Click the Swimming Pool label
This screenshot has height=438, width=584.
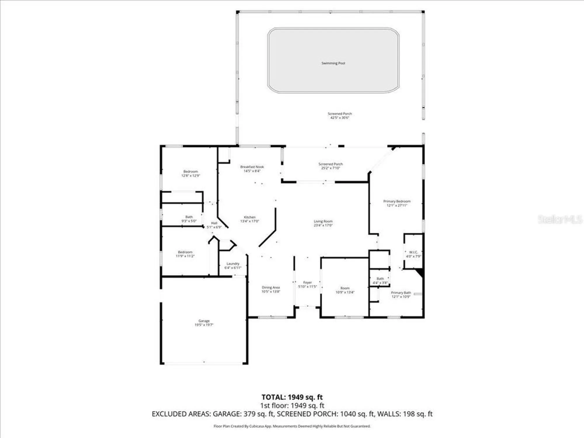[x=333, y=63]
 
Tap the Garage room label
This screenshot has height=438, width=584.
[x=204, y=321]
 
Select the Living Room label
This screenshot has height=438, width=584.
[x=323, y=221]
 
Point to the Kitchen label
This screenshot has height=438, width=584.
[x=250, y=217]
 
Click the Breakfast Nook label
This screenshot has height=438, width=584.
[x=252, y=167]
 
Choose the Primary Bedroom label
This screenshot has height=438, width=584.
[x=397, y=201]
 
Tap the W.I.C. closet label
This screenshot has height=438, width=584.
[x=413, y=252]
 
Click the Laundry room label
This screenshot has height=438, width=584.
[x=233, y=264]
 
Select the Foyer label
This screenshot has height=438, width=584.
[x=307, y=282]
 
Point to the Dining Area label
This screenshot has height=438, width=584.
[x=271, y=287]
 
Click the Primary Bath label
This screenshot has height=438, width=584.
[x=401, y=293]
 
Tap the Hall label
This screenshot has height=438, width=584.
[x=214, y=223]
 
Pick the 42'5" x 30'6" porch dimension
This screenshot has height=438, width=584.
[x=340, y=118]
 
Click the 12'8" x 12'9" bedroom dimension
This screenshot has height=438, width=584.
[x=191, y=175]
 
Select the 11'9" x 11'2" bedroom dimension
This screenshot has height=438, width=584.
[x=185, y=256]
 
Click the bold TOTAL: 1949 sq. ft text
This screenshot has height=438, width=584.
[x=292, y=397]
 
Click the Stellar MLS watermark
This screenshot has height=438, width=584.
[x=560, y=219]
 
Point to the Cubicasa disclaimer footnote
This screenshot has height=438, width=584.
[x=292, y=426]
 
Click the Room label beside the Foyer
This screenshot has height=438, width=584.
[x=345, y=288]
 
